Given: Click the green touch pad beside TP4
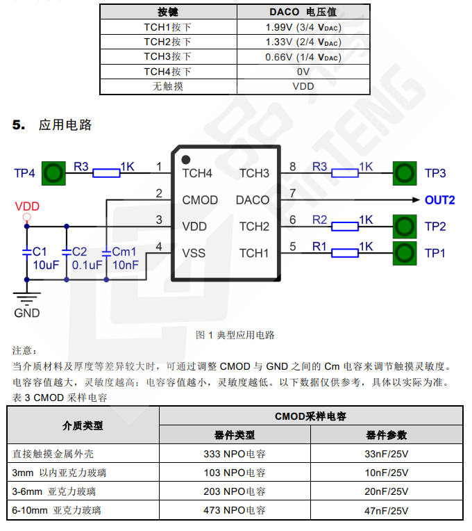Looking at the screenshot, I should (53, 172).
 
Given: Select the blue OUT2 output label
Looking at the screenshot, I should (439, 200).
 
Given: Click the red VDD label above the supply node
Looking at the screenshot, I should (27, 206).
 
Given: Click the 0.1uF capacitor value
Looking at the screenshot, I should (87, 265).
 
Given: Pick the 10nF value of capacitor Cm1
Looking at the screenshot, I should (126, 265).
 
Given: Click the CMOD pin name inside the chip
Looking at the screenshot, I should (200, 200).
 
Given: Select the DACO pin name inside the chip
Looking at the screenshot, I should (253, 200).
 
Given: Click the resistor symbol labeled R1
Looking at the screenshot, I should (345, 253).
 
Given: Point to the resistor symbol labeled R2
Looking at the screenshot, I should (345, 226).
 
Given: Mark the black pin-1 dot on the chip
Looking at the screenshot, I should (185, 159).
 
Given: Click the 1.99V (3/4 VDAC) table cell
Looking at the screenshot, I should (303, 27).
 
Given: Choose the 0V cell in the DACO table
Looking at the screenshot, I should (303, 72).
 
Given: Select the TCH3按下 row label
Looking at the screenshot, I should (168, 56).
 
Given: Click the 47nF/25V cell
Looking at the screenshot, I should (387, 510).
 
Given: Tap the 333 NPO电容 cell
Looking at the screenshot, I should (235, 454).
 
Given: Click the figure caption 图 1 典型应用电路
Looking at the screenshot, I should (236, 335).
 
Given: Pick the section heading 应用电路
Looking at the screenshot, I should (65, 125).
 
